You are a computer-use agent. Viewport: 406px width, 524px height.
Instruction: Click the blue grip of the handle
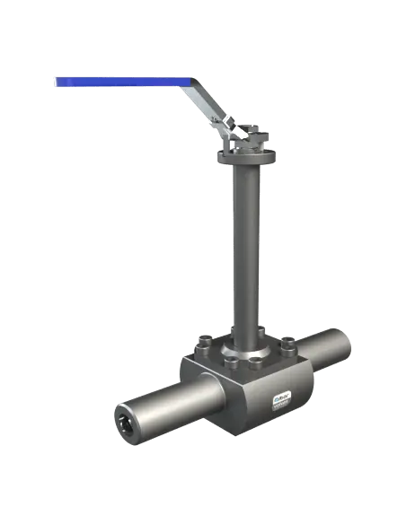117,82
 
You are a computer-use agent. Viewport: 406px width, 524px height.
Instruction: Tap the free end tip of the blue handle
55,83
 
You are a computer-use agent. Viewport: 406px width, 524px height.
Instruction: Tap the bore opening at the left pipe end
123,416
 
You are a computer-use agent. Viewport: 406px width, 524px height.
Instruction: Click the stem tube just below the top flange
243,179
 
